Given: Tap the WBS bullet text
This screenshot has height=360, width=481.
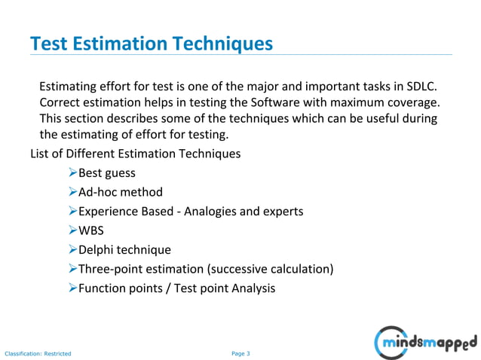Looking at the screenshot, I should point(93,230).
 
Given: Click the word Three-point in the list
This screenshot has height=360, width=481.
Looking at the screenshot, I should point(109,269).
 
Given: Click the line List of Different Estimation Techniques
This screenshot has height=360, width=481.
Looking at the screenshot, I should point(135,154).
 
